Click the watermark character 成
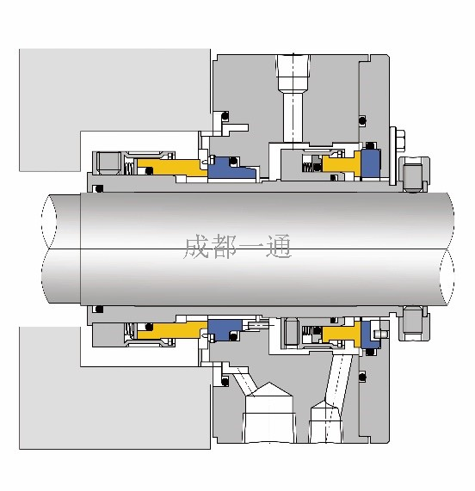196,247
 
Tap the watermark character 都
224,247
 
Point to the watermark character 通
279,247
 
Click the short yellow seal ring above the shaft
342,163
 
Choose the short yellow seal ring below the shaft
342,334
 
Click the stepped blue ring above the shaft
231,169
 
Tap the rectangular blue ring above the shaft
371,163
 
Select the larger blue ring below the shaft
225,330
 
